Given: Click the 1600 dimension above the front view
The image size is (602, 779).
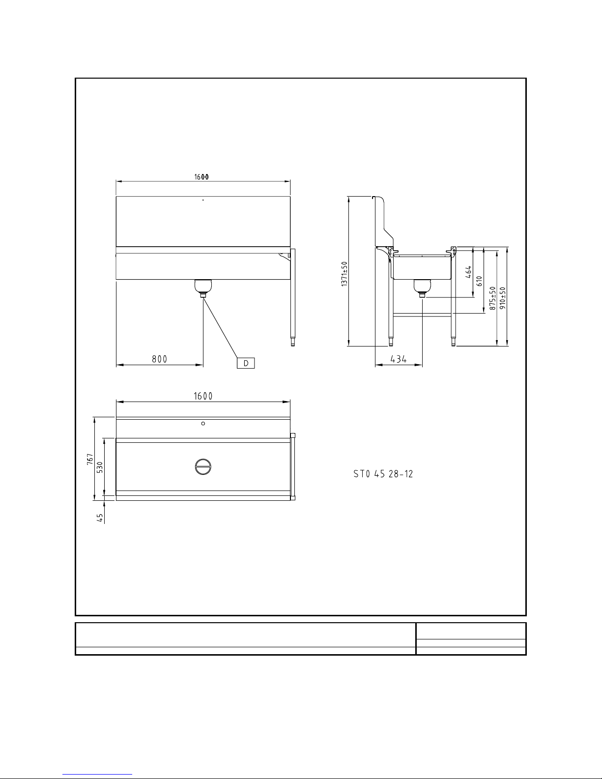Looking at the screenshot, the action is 201,177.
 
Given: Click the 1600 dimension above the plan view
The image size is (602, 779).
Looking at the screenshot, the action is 203,396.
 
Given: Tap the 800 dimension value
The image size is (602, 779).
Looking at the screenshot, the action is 159,359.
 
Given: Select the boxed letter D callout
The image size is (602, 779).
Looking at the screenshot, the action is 246,363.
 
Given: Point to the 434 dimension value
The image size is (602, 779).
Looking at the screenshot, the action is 399,359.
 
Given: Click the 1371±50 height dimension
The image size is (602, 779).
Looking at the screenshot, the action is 344,274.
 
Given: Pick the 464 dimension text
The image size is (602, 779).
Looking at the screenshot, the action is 468,272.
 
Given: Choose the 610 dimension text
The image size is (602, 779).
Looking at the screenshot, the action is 480,281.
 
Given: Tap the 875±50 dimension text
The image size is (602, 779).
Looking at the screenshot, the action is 493,298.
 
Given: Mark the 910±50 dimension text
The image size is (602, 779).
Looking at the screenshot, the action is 503,298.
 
